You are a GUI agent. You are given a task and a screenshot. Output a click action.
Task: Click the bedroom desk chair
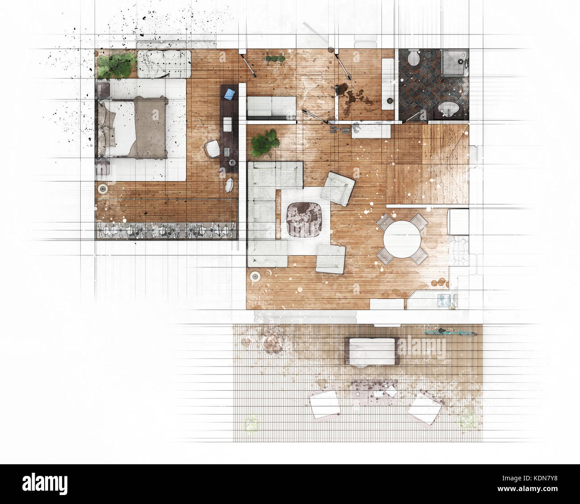click(213, 148)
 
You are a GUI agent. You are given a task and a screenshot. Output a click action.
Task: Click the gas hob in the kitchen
click(460, 250)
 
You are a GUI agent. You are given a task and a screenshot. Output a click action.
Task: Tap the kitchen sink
click(445, 300)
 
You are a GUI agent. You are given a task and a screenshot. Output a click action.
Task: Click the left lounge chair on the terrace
click(324, 404)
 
